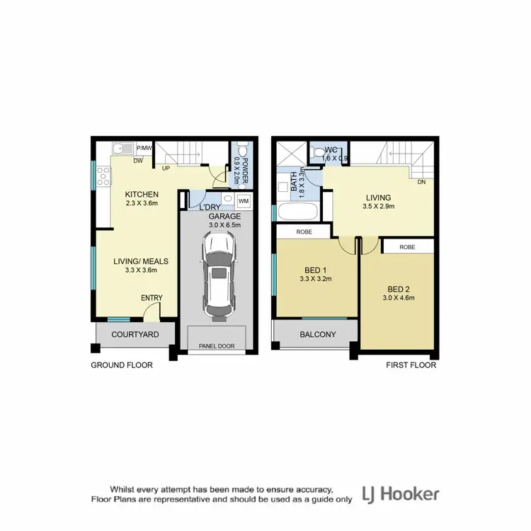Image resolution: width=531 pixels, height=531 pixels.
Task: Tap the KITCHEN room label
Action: [x=142, y=195]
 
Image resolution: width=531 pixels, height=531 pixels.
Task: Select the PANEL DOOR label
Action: [x=217, y=346]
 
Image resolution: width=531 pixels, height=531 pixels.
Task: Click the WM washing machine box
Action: [x=244, y=201]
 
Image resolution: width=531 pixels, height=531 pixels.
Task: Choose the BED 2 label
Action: [x=399, y=289]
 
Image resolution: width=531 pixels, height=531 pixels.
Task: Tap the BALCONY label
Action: [x=317, y=334]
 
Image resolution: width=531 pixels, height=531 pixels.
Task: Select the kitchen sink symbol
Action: [x=123, y=149]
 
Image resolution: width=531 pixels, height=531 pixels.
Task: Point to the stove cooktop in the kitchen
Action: [x=102, y=176]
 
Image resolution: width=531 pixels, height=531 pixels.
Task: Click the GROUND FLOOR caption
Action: [x=122, y=366]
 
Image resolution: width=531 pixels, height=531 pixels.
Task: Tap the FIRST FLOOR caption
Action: [x=411, y=366]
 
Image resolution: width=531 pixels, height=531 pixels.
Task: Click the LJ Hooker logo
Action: [x=401, y=493]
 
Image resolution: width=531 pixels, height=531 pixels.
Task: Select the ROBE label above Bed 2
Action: [x=407, y=247]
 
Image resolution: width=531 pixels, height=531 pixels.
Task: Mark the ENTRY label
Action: [x=152, y=298]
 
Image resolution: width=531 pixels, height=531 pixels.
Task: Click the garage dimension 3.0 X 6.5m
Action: [x=224, y=225]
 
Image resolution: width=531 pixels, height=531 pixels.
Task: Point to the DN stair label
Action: [x=421, y=182]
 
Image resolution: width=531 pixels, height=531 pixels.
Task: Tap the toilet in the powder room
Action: [x=242, y=152]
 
